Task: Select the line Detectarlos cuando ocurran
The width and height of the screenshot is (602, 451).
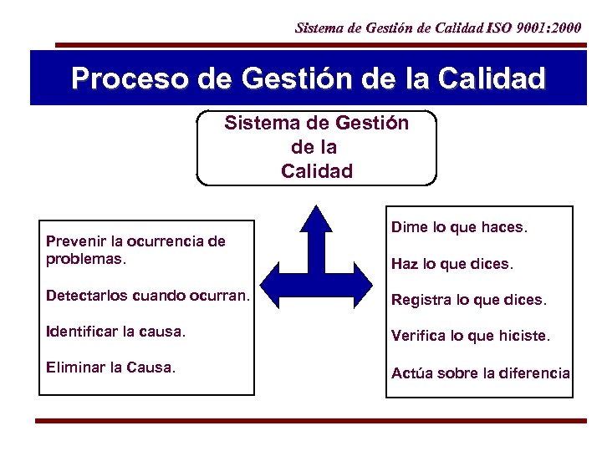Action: click(x=147, y=296)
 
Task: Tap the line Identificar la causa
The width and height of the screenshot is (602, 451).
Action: click(x=115, y=332)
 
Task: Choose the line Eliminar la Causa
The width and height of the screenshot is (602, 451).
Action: click(x=111, y=366)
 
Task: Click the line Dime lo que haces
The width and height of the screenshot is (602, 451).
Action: click(x=459, y=227)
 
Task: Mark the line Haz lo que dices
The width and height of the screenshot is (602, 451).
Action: click(x=451, y=264)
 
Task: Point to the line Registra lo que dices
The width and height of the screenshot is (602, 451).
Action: click(x=468, y=299)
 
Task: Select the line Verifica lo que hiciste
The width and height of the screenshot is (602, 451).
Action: click(x=471, y=336)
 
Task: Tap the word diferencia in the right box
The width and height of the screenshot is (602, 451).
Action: click(x=534, y=372)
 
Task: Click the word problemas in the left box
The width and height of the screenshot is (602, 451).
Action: click(x=83, y=258)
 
